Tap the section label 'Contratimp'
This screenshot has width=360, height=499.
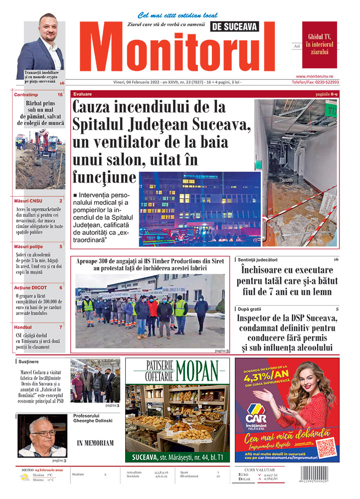pos(26,94)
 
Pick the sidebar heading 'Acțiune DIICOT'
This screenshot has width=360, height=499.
pos(30,287)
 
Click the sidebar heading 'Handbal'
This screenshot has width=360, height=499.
pos(23,327)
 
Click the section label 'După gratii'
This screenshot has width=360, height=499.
pos(251,309)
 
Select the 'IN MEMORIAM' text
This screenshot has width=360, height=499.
pos(95,443)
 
